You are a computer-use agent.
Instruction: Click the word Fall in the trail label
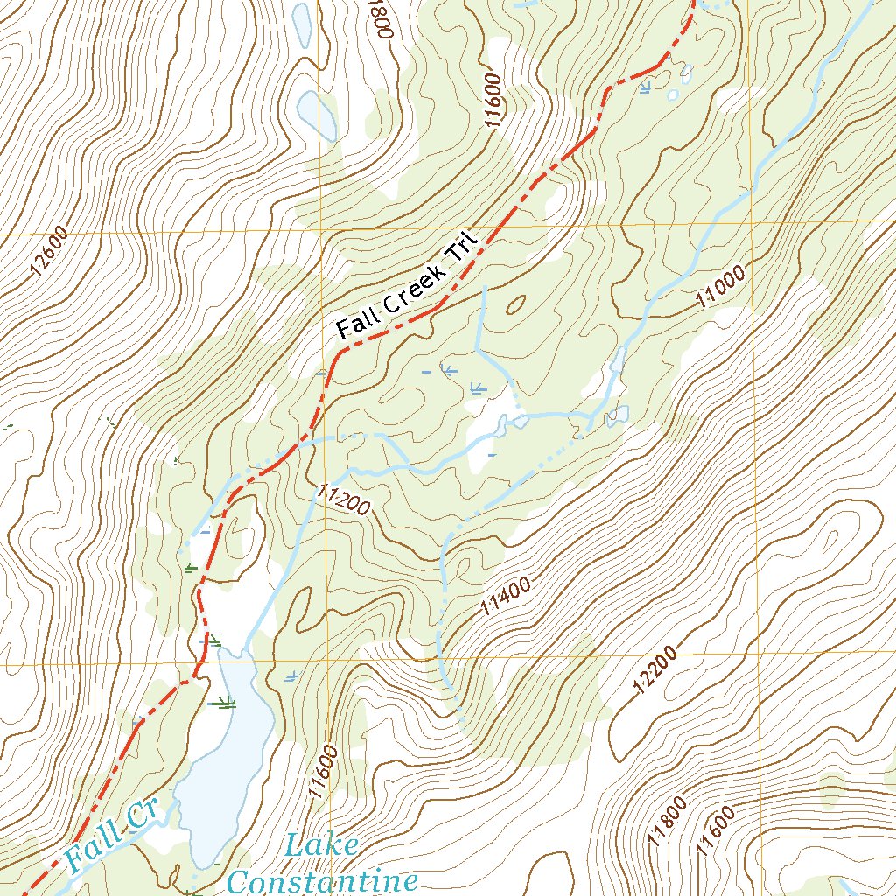pyautogui.click(x=356, y=324)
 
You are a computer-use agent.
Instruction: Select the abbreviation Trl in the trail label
pyautogui.click(x=459, y=254)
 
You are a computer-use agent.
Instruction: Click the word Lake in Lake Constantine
pyautogui.click(x=321, y=847)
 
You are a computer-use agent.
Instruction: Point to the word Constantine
pyautogui.click(x=321, y=879)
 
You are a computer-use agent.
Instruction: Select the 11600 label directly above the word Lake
pyautogui.click(x=323, y=771)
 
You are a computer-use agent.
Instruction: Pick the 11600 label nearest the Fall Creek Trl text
pyautogui.click(x=495, y=102)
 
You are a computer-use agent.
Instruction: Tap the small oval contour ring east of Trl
pyautogui.click(x=515, y=304)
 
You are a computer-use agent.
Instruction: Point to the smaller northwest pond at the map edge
pyautogui.click(x=302, y=24)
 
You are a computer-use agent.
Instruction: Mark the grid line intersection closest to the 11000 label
pyautogui.click(x=753, y=221)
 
